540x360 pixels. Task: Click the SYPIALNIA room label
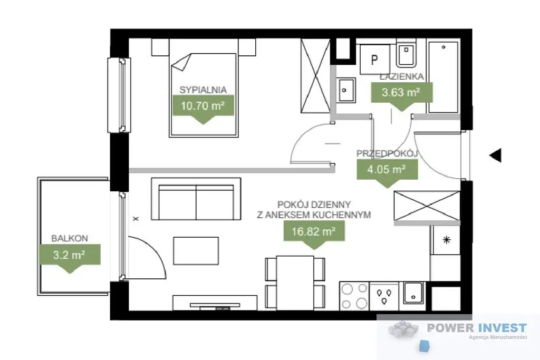pos(203,90)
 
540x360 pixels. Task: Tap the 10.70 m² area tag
pos(203,105)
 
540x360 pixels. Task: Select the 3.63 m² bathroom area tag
pos(401,93)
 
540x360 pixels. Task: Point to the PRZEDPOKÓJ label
pos(387,153)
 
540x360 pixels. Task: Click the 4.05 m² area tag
pos(387,169)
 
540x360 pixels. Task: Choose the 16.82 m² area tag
pos(314,231)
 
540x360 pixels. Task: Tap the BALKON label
pos(70,238)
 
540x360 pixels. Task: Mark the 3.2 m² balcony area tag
pos(70,255)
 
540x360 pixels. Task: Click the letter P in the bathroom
pos(374,60)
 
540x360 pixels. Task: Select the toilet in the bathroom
pos(407,53)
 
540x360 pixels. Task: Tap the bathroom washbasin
pos(345,90)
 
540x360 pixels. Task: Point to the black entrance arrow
pos(496,155)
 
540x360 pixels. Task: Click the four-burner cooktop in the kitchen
pos(354,296)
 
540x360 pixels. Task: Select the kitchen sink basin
pos(413,293)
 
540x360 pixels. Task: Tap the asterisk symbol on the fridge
pos(447,240)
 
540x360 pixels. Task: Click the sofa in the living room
pos(196,199)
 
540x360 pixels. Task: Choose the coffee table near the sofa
pos(196,250)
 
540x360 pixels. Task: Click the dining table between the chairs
pos(295,283)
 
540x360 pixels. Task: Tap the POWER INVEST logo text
pos(477,328)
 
